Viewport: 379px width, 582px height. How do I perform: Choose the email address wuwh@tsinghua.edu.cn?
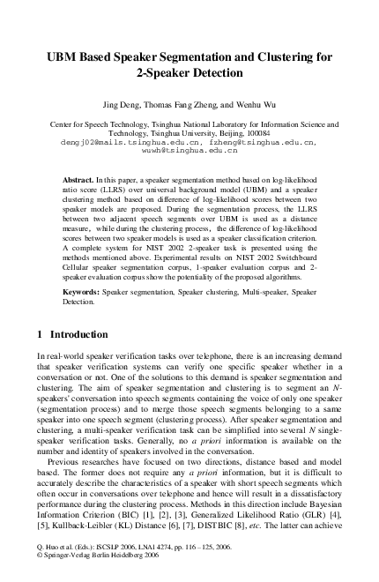click(189, 151)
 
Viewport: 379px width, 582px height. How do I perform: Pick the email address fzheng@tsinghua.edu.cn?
click(263, 141)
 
